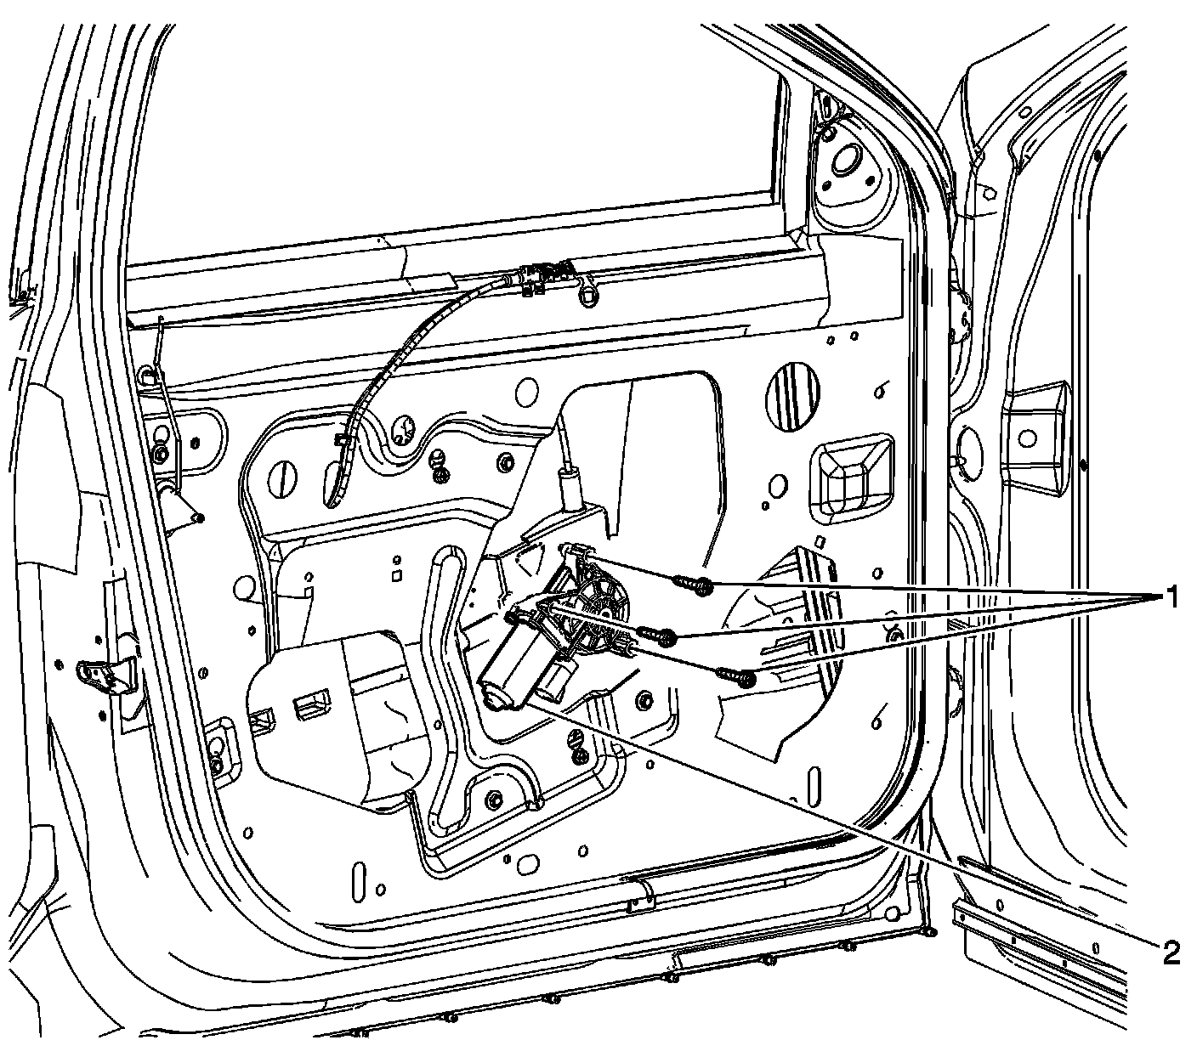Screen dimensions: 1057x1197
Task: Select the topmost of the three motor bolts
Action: click(692, 584)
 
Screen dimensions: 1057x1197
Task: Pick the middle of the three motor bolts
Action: click(658, 634)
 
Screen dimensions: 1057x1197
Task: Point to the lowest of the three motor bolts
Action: click(736, 675)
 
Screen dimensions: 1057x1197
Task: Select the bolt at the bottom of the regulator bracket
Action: click(494, 800)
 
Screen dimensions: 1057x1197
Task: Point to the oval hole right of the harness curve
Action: click(527, 392)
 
